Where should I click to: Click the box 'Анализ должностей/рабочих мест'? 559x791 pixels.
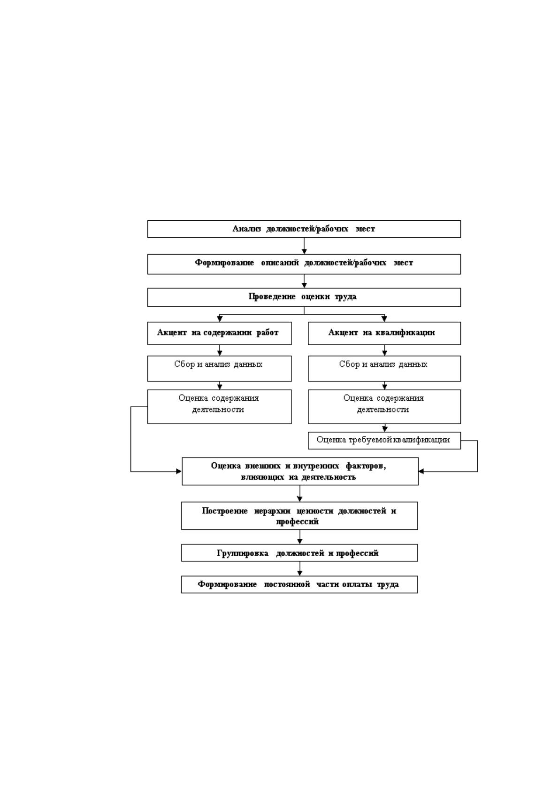tap(304, 229)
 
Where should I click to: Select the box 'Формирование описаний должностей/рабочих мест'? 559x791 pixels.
tap(304, 264)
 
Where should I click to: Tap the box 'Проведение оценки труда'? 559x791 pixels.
tap(304, 297)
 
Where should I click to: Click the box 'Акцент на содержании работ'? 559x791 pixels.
tap(220, 333)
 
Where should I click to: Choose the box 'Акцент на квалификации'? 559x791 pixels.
tap(384, 333)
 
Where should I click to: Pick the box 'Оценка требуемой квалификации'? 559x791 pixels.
tap(384, 441)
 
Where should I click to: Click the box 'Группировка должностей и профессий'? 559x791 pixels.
tap(299, 553)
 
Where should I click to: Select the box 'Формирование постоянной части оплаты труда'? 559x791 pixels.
tap(299, 584)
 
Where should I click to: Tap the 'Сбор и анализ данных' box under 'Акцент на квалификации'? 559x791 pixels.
tap(384, 369)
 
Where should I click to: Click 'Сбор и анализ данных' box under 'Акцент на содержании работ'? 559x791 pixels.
tap(220, 369)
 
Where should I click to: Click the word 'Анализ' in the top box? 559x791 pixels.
tap(247, 229)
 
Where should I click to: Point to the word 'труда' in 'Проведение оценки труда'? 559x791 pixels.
tap(345, 297)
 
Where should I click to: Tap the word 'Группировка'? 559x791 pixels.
tap(243, 553)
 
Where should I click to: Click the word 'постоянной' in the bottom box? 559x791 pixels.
tap(287, 584)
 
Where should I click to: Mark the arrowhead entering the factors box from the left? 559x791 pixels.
tap(179, 472)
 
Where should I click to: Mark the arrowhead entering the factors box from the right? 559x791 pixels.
tap(421, 472)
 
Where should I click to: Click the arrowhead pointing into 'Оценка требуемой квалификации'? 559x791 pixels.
tap(385, 429)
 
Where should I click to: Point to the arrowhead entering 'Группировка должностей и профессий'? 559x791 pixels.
tap(299, 541)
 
